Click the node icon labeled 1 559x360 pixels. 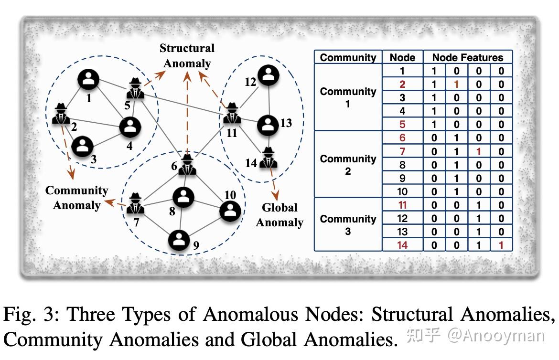[88, 79]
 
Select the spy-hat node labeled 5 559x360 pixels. [136, 88]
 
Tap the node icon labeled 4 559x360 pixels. [130, 127]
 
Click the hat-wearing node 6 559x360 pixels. [187, 165]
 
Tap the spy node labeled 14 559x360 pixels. [269, 159]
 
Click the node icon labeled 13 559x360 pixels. [268, 125]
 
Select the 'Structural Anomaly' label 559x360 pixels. [187, 56]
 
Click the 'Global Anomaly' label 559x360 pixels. [279, 215]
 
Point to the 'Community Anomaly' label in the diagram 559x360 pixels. [76, 198]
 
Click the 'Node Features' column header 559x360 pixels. [468, 57]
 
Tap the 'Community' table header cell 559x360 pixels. [348, 57]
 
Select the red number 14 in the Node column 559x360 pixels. [402, 245]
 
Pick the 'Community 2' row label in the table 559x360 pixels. [348, 165]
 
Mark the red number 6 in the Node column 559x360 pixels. [402, 138]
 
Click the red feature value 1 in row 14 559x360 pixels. [501, 245]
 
